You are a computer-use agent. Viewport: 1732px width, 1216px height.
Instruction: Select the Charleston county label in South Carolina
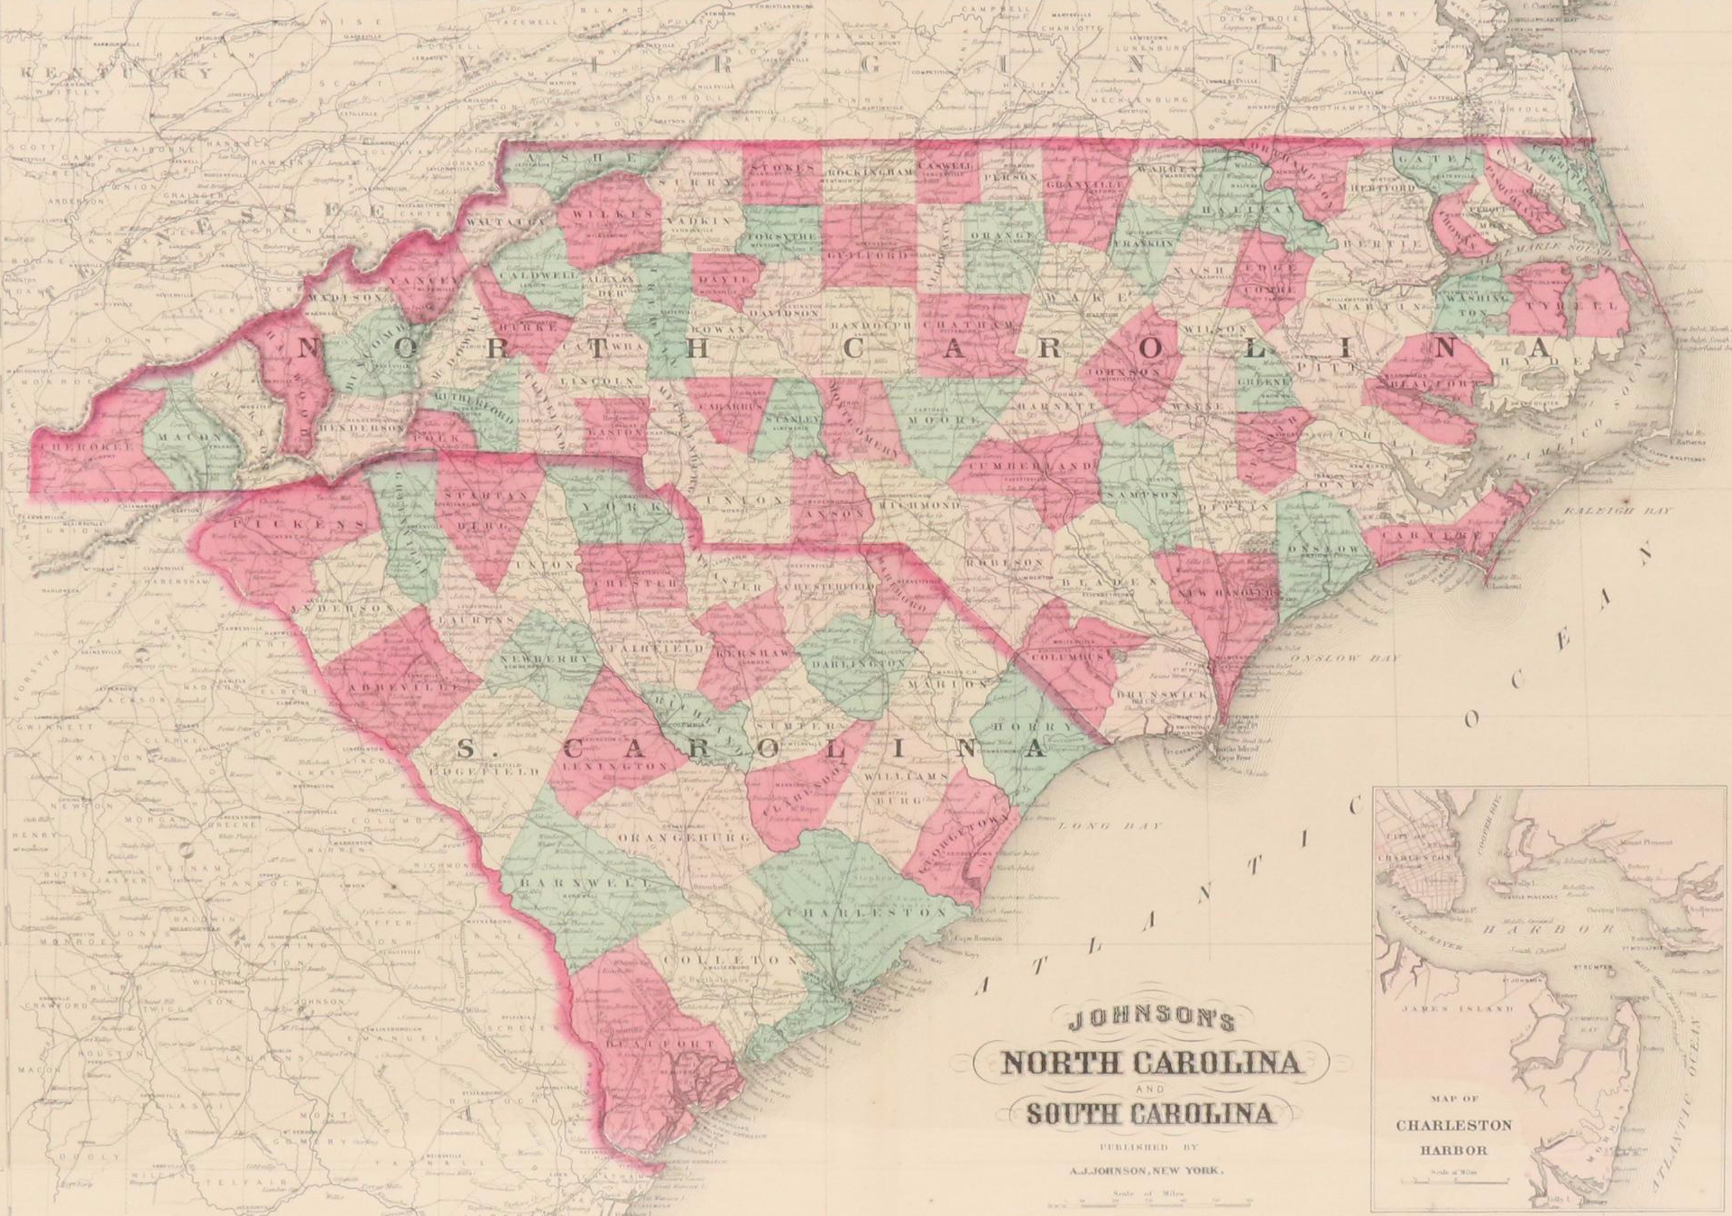click(x=866, y=912)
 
